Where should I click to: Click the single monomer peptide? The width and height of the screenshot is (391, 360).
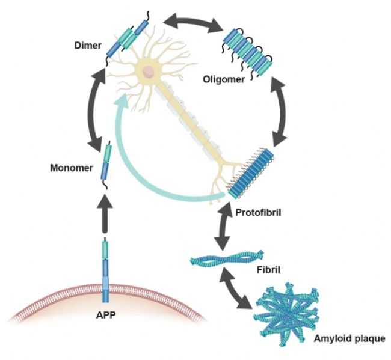106,163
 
